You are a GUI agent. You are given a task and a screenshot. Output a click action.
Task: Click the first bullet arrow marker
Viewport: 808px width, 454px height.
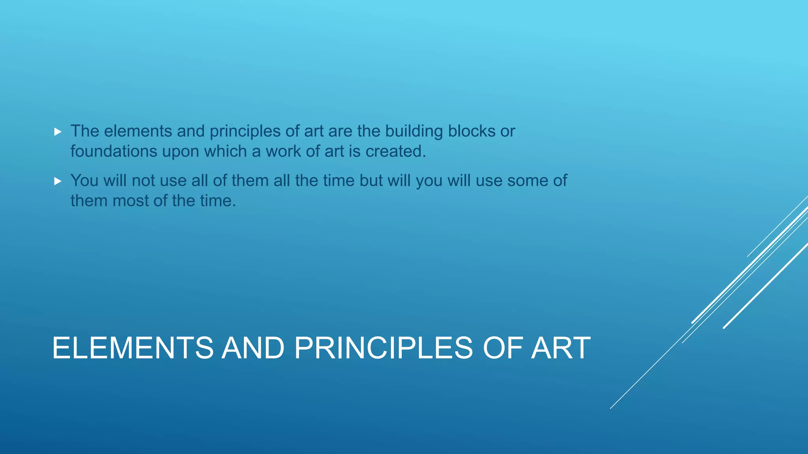click(58, 132)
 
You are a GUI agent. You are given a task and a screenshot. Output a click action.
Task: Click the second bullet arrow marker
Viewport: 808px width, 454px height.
click(58, 181)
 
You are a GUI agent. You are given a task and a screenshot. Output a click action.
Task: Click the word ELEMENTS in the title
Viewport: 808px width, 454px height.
click(133, 348)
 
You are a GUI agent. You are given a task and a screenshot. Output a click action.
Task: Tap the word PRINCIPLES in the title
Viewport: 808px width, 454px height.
click(383, 348)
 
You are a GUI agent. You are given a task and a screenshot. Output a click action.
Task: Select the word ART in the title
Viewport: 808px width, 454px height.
click(561, 348)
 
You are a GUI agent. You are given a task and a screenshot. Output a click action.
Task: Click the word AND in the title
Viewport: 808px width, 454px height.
click(253, 348)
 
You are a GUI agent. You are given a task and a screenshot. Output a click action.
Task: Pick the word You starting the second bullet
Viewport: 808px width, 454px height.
click(84, 181)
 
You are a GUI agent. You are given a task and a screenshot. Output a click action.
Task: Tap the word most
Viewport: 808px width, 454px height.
click(130, 201)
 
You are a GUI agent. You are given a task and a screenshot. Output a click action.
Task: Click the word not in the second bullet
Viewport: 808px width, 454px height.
click(143, 181)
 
